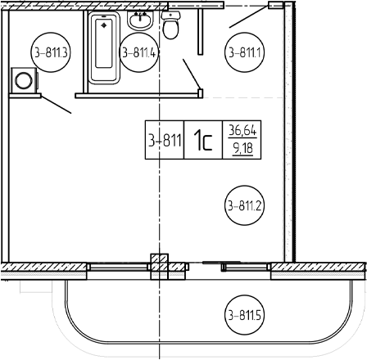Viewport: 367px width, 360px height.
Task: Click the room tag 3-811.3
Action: point(51,52)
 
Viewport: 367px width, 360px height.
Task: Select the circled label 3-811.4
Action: point(139,52)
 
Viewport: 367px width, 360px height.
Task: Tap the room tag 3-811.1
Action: point(244,52)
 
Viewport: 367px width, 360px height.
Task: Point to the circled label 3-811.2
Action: point(244,205)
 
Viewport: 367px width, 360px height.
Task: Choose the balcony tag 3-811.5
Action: point(244,315)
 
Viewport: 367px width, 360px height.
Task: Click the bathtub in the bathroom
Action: point(104,47)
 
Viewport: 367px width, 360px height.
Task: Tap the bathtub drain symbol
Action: point(104,25)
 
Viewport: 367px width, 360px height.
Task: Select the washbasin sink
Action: point(140,20)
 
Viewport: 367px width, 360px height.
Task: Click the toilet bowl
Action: point(170,29)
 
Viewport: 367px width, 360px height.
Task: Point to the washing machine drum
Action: point(24,81)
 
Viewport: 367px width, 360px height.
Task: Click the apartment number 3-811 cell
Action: point(165,140)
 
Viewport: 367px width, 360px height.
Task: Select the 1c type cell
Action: point(203,140)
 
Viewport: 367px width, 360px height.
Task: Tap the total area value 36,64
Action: point(242,130)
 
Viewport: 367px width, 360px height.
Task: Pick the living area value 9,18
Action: point(242,148)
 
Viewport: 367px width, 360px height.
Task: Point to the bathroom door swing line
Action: point(192,74)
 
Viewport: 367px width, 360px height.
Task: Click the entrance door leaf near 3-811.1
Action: point(249,16)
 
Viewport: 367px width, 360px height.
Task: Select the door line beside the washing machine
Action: point(57,105)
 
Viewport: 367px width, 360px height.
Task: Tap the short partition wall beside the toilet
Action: point(201,31)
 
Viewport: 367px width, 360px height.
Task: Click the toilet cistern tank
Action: point(170,16)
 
